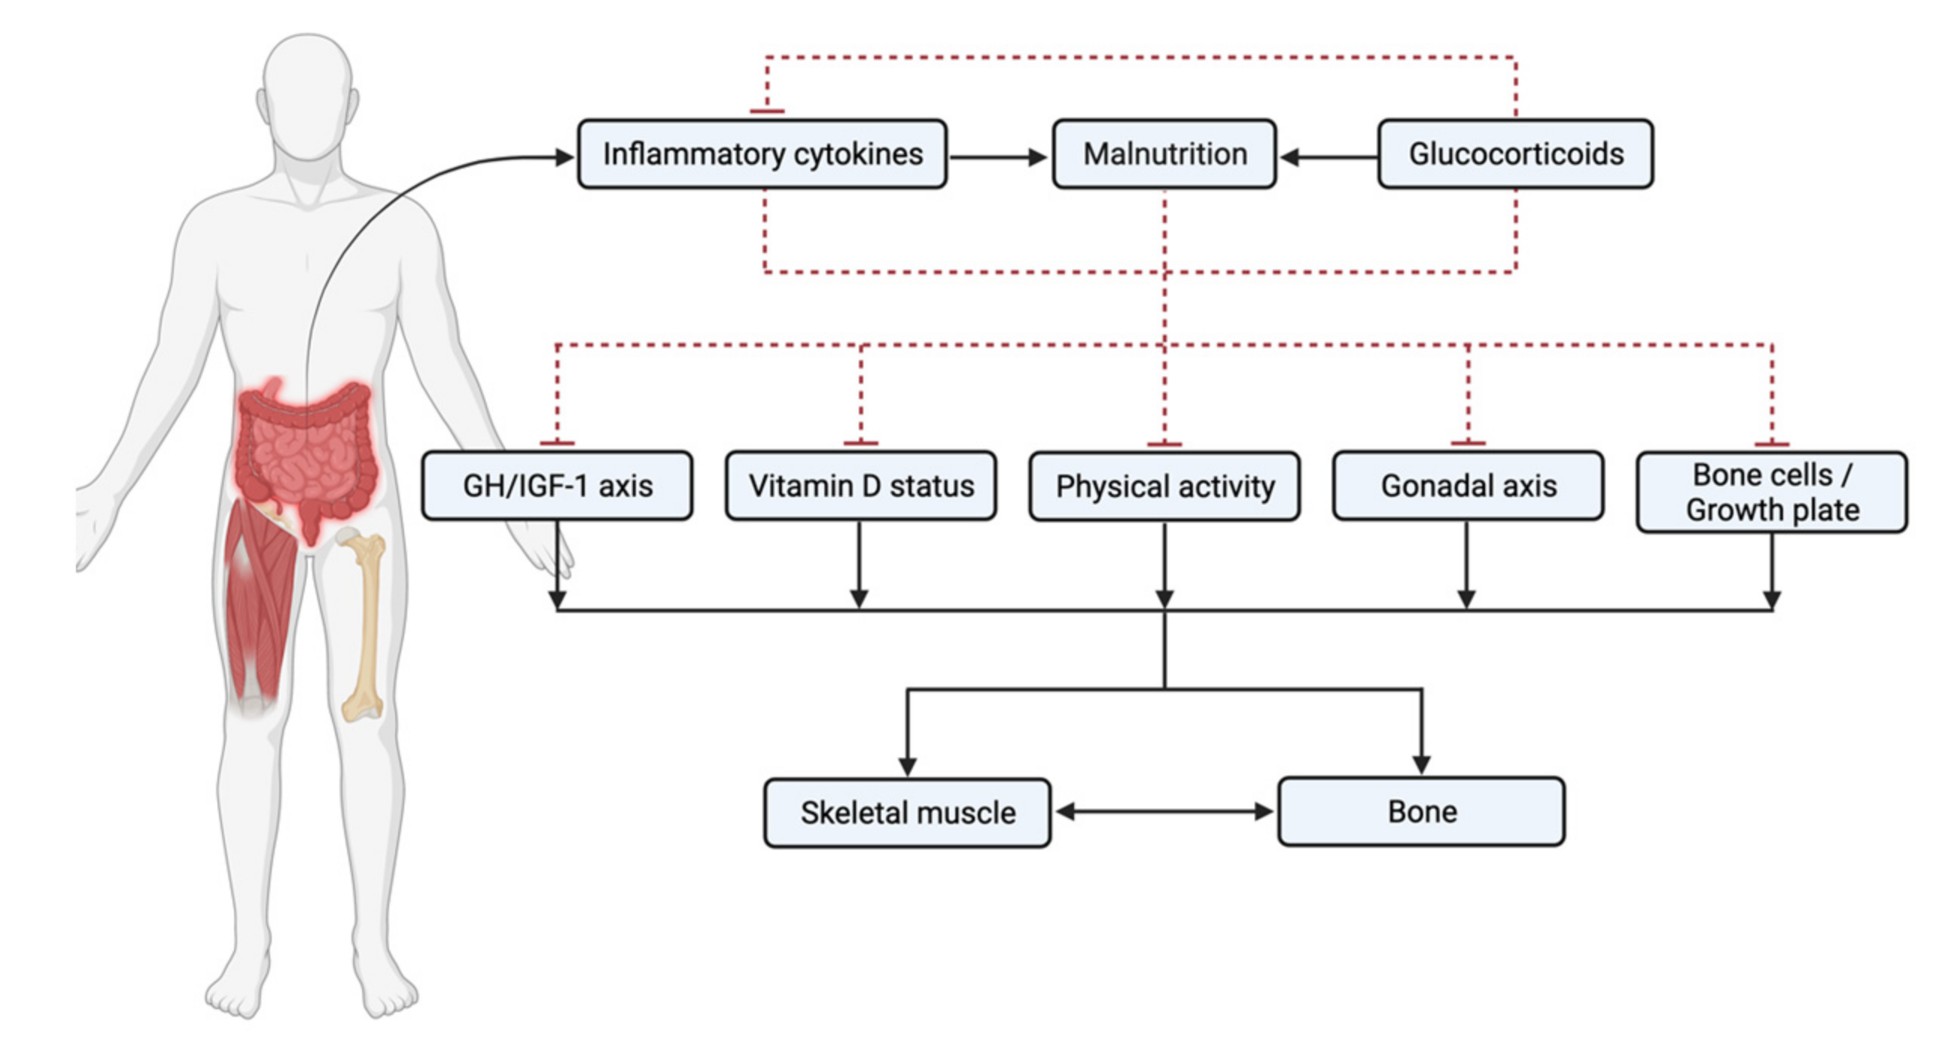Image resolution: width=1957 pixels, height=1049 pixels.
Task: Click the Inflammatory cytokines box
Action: (x=762, y=154)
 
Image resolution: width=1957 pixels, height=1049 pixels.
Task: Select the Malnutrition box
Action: (x=1164, y=154)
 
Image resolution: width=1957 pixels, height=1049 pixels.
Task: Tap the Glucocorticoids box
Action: (x=1515, y=154)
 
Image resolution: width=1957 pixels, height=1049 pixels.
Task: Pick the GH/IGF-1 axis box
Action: (x=557, y=486)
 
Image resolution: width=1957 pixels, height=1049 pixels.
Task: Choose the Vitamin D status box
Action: (x=860, y=486)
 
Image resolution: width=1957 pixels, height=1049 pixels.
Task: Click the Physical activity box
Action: (x=1164, y=486)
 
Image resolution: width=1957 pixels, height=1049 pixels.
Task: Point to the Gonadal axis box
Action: (x=1468, y=486)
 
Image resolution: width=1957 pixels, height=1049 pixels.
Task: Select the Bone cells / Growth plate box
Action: (x=1772, y=492)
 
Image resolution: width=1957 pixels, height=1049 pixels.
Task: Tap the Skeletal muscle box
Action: (x=907, y=813)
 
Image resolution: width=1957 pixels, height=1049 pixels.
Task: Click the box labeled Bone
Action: (x=1420, y=811)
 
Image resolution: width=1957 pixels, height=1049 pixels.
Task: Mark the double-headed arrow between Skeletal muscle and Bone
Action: (x=1164, y=812)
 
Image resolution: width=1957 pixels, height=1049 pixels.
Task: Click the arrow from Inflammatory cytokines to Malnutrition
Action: (x=998, y=157)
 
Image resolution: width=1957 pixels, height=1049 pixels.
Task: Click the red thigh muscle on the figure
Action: (x=258, y=600)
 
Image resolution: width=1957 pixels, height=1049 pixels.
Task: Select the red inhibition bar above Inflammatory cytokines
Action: (x=766, y=111)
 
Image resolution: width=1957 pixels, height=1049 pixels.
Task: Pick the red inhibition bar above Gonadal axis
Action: (x=1468, y=442)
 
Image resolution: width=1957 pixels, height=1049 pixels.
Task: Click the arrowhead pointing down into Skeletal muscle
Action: (x=907, y=765)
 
